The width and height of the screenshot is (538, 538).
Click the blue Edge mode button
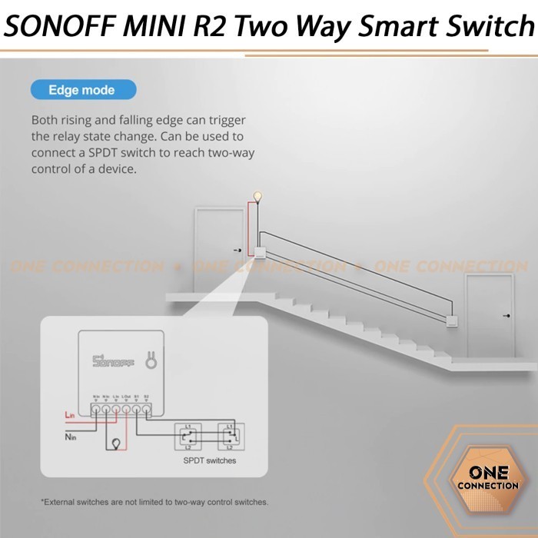click(x=83, y=90)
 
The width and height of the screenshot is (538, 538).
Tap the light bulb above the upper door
click(x=258, y=198)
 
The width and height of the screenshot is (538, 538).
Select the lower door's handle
click(x=505, y=316)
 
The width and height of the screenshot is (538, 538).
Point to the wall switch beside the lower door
click(x=452, y=323)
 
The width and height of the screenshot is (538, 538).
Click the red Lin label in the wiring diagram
click(x=69, y=415)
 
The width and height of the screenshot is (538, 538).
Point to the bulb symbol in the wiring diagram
click(x=115, y=443)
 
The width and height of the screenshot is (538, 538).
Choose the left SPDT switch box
click(x=188, y=436)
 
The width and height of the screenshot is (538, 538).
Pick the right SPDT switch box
click(x=228, y=436)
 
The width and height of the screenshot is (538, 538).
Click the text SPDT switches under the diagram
click(x=209, y=460)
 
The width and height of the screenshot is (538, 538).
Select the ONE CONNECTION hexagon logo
click(x=487, y=478)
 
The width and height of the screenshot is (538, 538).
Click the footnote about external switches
click(x=154, y=502)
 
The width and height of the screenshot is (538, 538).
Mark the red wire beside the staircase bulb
click(x=249, y=223)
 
